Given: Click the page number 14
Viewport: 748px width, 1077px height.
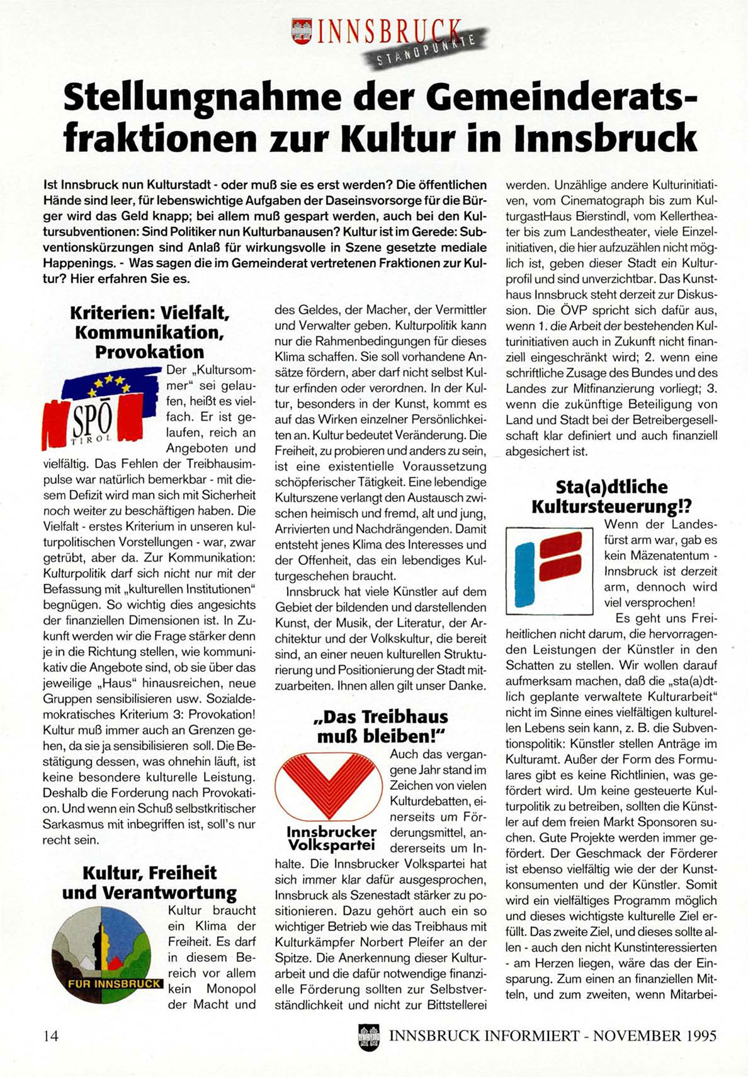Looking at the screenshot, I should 51,1035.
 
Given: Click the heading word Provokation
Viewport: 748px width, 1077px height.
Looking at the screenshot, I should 150,351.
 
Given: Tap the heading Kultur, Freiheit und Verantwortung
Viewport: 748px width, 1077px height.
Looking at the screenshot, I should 149,882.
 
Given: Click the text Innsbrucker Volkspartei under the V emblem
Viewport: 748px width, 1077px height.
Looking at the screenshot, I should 331,838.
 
